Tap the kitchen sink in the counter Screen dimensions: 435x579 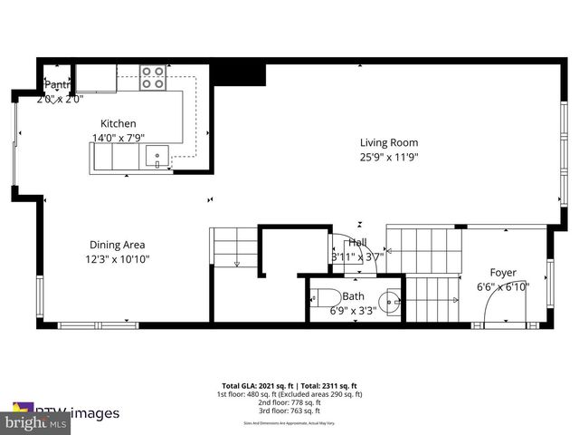coord(157,157)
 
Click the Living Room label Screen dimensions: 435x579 coord(389,142)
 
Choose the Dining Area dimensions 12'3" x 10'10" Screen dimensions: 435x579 coord(118,259)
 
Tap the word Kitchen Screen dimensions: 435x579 coord(119,124)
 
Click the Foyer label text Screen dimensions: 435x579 coord(503,273)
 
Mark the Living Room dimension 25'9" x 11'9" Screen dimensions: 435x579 coord(389,157)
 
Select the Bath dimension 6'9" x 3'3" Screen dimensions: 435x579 coord(346,311)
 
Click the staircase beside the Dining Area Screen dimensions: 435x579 coord(235,246)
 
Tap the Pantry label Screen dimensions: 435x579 coord(55,86)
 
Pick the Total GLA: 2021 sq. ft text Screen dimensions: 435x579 coord(256,385)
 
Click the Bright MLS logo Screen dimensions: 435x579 coord(36,423)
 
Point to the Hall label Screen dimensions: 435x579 coord(357,243)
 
